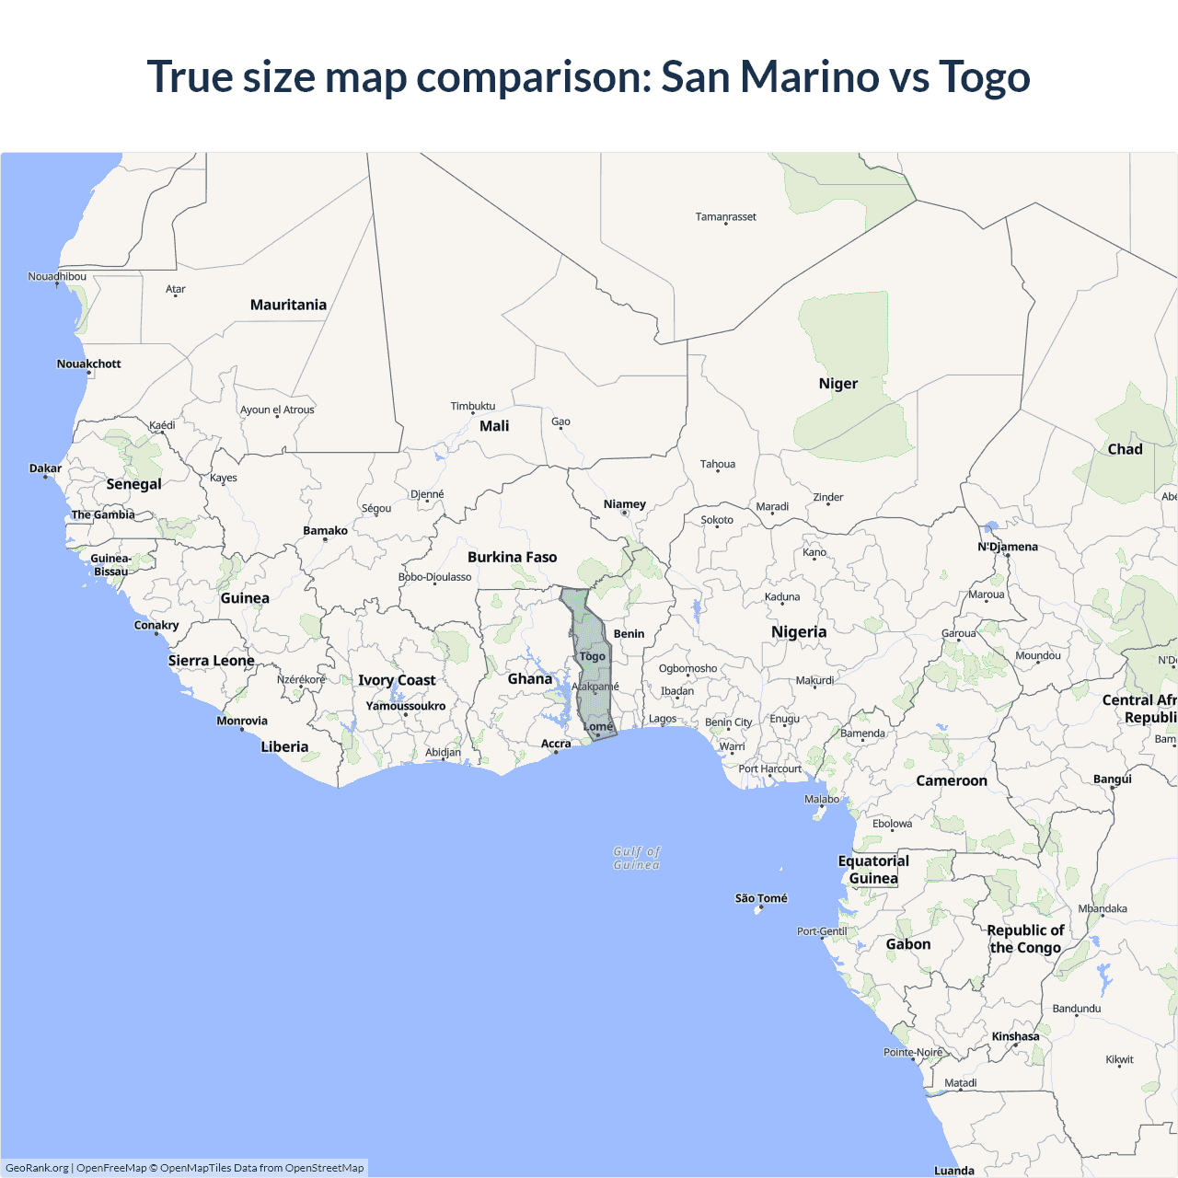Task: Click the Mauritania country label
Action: click(x=288, y=305)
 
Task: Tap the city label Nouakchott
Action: click(x=88, y=364)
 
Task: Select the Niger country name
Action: click(x=837, y=384)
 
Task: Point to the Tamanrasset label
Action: click(x=725, y=217)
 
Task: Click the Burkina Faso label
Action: click(x=512, y=557)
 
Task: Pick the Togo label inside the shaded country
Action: click(x=593, y=656)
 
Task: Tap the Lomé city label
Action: click(x=598, y=726)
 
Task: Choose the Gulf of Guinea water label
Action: click(x=637, y=858)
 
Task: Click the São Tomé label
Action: click(x=761, y=898)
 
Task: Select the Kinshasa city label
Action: click(x=1015, y=1036)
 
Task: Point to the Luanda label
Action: click(x=953, y=1171)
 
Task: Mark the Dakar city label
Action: click(x=45, y=468)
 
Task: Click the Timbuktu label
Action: click(x=473, y=406)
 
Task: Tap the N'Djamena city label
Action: click(x=1007, y=547)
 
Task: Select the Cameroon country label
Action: click(x=952, y=780)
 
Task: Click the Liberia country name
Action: click(x=284, y=746)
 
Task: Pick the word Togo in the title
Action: click(x=984, y=76)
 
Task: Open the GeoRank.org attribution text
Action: click(x=37, y=1168)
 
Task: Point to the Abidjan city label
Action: click(x=443, y=752)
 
